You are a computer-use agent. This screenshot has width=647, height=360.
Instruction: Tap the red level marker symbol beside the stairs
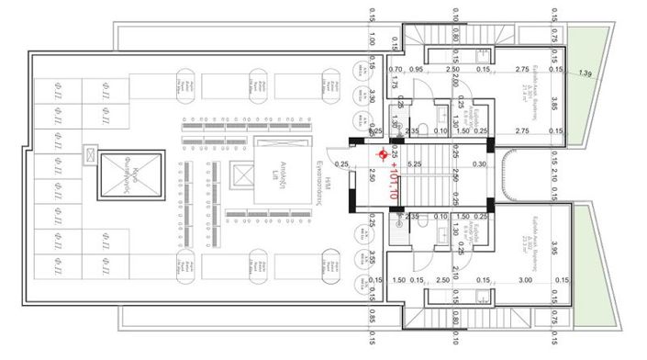coord(383,155)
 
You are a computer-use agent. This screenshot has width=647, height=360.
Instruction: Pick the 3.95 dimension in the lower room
coord(555,249)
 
